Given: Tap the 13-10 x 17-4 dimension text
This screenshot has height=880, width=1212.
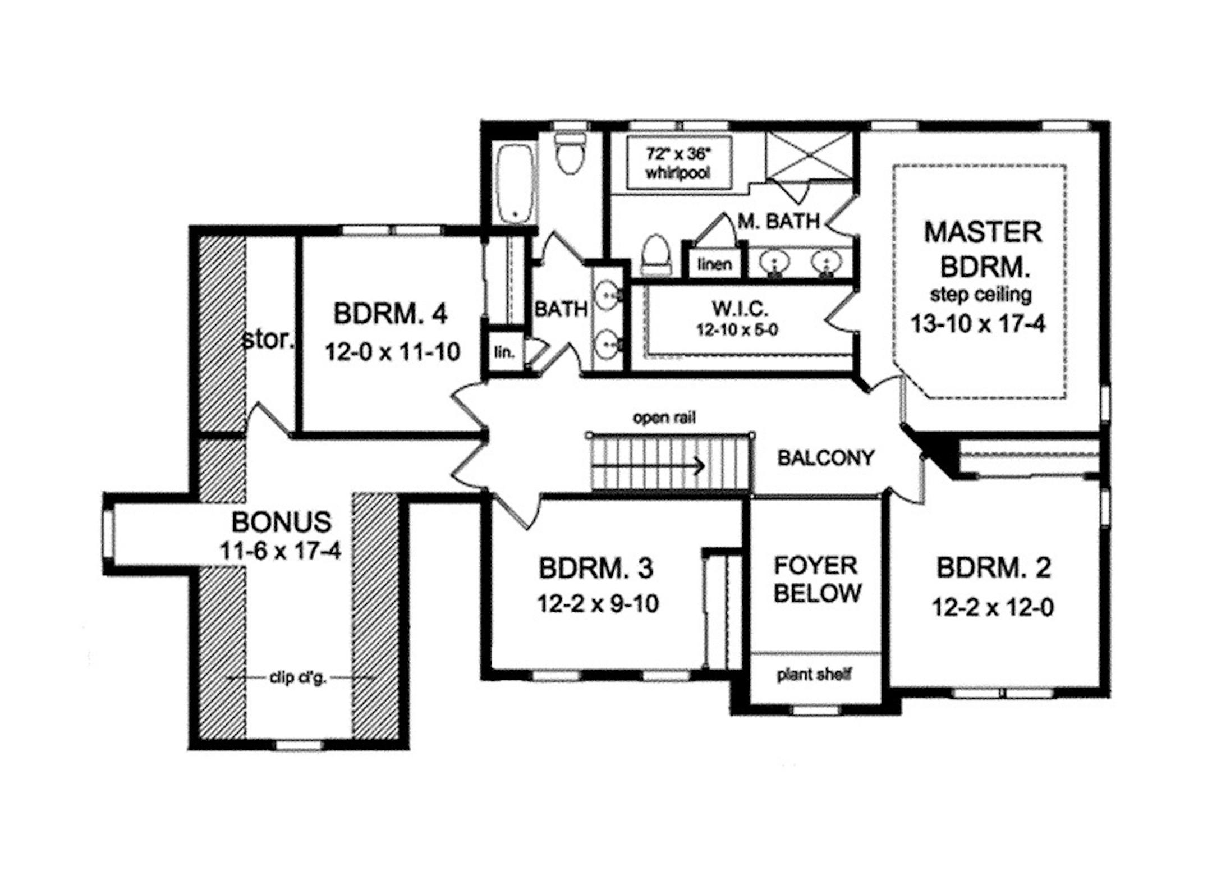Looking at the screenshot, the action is click(978, 324).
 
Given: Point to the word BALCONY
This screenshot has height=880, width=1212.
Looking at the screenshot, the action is click(825, 458).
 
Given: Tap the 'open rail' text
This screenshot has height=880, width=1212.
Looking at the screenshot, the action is click(664, 418).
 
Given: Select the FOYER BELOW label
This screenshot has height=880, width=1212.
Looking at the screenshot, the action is click(816, 579).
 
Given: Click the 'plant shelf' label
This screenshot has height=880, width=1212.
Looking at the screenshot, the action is click(814, 675).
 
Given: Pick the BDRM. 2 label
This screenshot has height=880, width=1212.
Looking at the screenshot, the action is click(994, 568).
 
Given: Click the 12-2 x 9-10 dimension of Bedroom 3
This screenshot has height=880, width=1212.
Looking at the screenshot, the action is click(598, 604).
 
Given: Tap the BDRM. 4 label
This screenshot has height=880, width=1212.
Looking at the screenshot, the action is click(391, 313).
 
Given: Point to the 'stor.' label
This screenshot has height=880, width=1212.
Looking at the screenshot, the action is click(268, 339).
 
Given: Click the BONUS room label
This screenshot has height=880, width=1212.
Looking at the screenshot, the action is click(281, 522).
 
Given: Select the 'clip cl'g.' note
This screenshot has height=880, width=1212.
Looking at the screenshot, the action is click(298, 678).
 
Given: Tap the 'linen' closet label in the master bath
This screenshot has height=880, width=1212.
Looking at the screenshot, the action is click(715, 264).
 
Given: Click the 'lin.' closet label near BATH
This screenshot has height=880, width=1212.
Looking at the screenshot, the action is click(504, 352).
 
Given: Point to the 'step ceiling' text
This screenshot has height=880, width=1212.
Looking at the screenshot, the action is click(981, 294).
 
